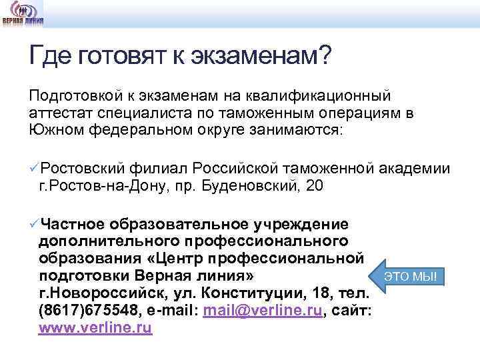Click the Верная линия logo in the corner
tap(23, 13)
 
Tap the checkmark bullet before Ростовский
tap(35, 167)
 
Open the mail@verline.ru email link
tap(263, 311)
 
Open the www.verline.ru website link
tap(96, 328)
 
